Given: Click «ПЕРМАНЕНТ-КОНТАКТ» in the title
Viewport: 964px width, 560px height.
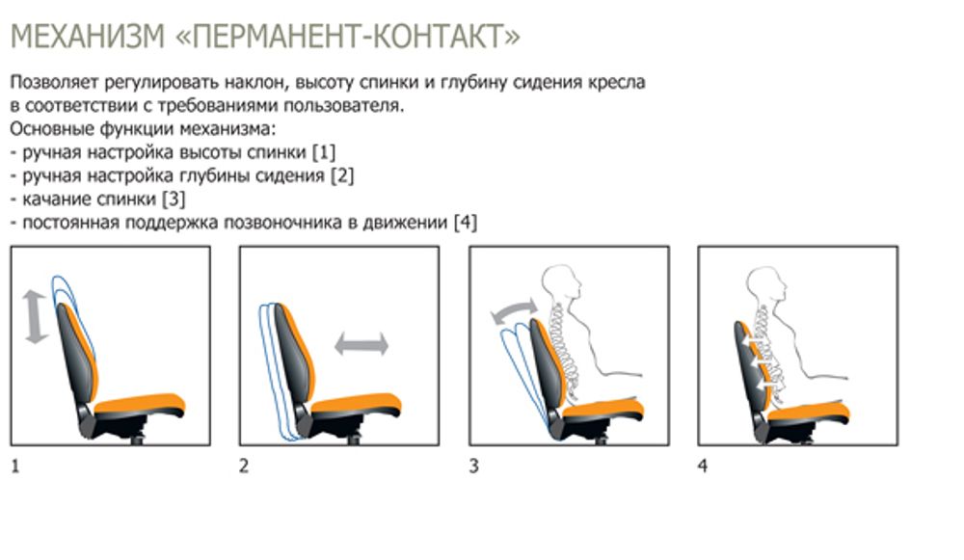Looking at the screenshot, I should point(349,38).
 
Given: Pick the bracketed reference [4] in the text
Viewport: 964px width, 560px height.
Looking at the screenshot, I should point(465,223).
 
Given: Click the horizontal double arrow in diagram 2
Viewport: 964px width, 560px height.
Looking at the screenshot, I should point(361,344).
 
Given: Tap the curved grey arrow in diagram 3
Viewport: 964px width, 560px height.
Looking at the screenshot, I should point(512,311).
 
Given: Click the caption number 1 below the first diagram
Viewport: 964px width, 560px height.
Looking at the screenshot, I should point(15,467).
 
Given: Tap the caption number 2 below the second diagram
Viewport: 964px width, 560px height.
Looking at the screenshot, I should point(244,467).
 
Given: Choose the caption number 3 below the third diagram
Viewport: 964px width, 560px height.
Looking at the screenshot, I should point(473,467).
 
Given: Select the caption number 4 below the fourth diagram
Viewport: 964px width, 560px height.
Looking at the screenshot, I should point(702,467).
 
